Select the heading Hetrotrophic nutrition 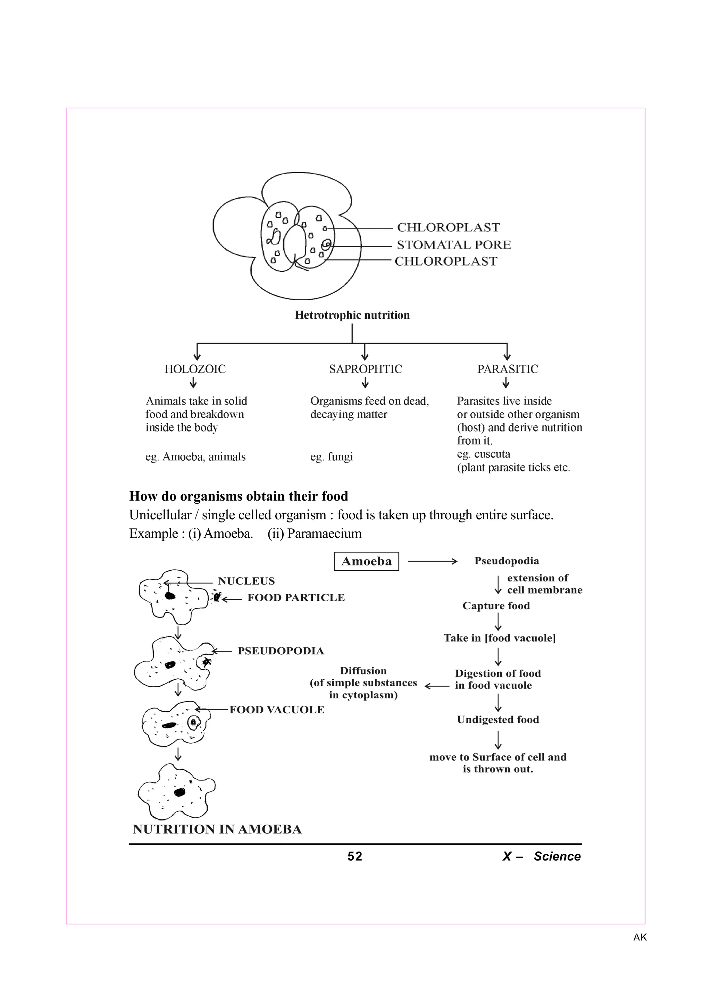pyautogui.click(x=352, y=315)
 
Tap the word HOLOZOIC pyautogui.click(x=195, y=369)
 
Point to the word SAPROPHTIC pyautogui.click(x=365, y=369)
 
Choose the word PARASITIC pyautogui.click(x=507, y=369)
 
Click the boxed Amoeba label pyautogui.click(x=366, y=561)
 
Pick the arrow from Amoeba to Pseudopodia pyautogui.click(x=432, y=561)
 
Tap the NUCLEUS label pyautogui.click(x=246, y=581)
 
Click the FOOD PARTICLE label pyautogui.click(x=296, y=598)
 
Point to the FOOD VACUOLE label pyautogui.click(x=277, y=710)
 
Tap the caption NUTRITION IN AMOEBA pyautogui.click(x=217, y=829)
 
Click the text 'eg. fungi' pyautogui.click(x=332, y=456)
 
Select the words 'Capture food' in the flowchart pyautogui.click(x=496, y=606)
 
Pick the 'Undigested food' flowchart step pyautogui.click(x=497, y=720)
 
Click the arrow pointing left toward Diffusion pyautogui.click(x=437, y=686)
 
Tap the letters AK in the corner pyautogui.click(x=639, y=937)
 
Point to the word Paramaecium pyautogui.click(x=324, y=534)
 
